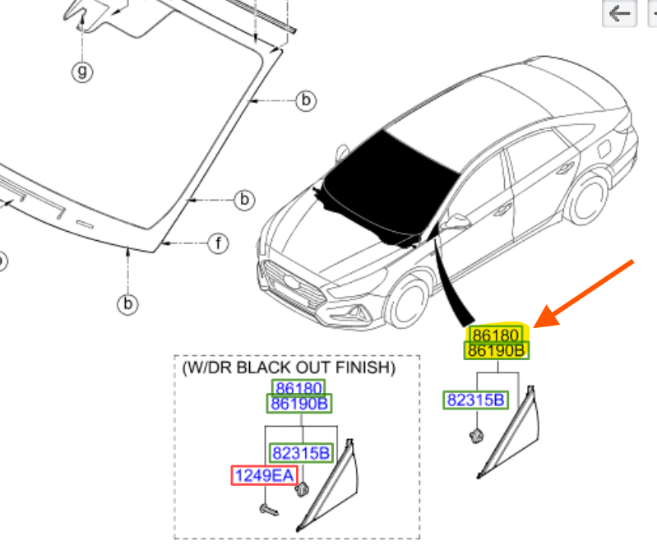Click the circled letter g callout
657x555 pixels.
81,72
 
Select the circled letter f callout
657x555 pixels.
218,243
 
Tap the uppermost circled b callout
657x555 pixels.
305,100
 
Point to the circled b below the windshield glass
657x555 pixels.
127,304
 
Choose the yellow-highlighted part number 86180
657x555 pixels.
494,335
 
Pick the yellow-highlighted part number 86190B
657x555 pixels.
496,351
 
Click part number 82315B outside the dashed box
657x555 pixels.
476,400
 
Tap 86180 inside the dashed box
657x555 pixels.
299,388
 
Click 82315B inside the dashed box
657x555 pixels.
301,453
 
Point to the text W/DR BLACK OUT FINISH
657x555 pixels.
289,368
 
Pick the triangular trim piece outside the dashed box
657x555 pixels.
514,432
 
